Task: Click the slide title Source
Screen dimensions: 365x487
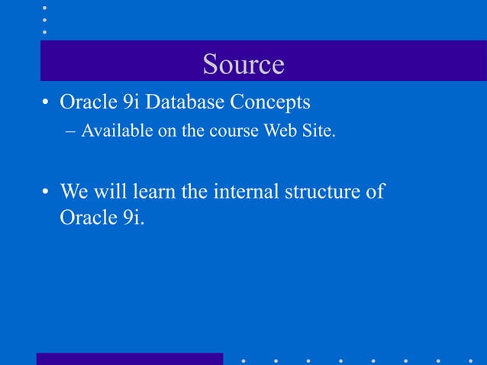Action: coord(243,64)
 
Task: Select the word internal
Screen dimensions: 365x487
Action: coord(242,190)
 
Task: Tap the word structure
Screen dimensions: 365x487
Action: coord(322,190)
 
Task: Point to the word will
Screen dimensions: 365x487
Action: coord(111,190)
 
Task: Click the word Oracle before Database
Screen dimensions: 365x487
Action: coord(88,102)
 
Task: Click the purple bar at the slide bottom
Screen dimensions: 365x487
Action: coord(130,359)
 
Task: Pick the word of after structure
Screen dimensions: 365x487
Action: coord(375,190)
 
